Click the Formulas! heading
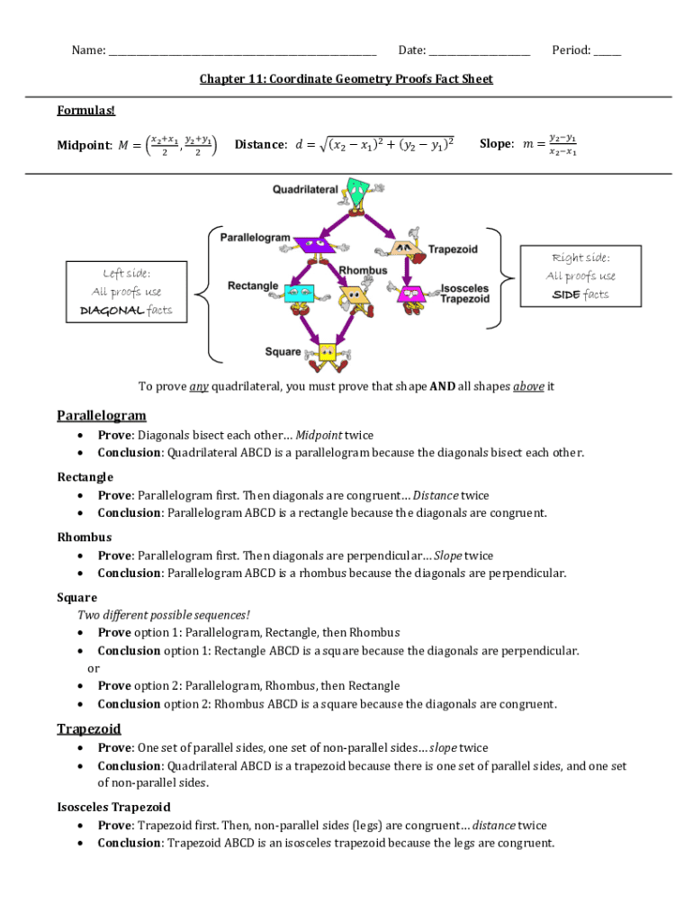pyautogui.click(x=86, y=111)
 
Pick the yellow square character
pyautogui.click(x=326, y=352)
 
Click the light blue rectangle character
pyautogui.click(x=298, y=293)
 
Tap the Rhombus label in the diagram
pyautogui.click(x=363, y=270)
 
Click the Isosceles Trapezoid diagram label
pyautogui.click(x=464, y=294)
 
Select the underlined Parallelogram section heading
pyautogui.click(x=101, y=415)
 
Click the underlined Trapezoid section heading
pyautogui.click(x=89, y=728)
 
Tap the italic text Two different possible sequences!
pyautogui.click(x=164, y=615)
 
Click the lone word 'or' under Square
pyautogui.click(x=93, y=668)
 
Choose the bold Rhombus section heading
pyautogui.click(x=85, y=538)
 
